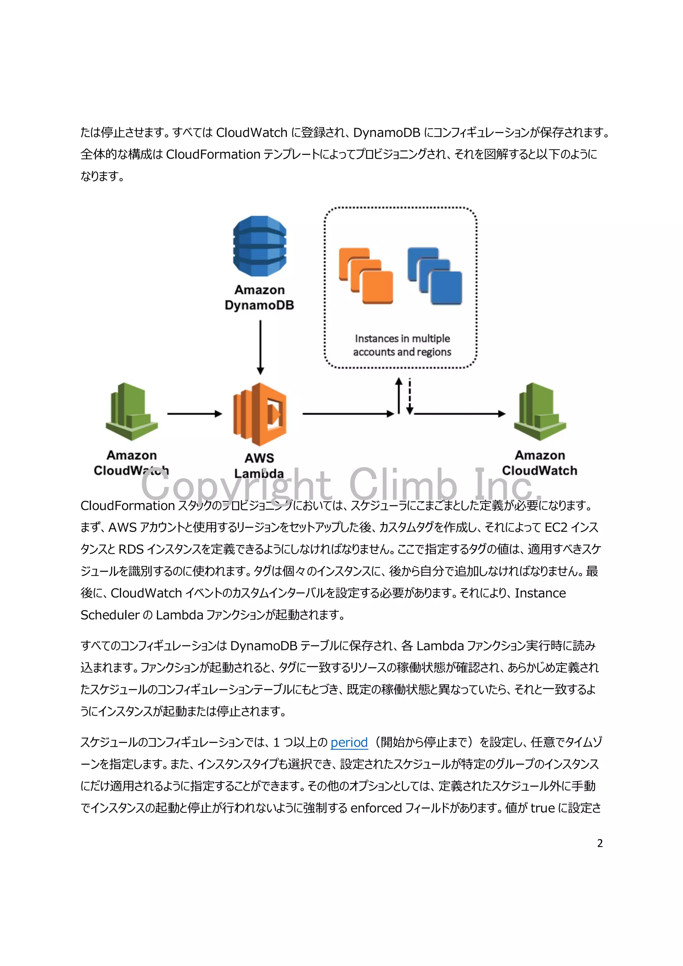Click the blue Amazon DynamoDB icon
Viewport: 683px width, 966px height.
[259, 246]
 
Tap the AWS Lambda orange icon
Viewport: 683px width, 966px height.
[260, 414]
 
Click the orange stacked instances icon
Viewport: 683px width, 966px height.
[366, 276]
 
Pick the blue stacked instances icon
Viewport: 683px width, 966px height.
[435, 276]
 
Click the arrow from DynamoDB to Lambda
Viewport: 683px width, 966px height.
[260, 347]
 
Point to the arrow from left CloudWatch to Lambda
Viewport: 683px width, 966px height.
[194, 414]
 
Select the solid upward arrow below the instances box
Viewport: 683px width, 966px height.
[399, 396]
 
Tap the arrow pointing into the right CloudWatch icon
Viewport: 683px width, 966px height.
[459, 414]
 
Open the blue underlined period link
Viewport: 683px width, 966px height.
[349, 743]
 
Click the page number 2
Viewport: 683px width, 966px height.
[600, 843]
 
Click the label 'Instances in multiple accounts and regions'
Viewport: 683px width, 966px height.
[402, 345]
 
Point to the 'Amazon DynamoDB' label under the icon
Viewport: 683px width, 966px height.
[259, 298]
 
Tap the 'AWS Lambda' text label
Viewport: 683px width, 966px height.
[259, 465]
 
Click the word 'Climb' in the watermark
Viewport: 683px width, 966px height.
[403, 485]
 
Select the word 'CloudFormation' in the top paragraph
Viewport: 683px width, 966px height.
[213, 154]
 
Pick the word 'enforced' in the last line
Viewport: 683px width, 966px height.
[376, 808]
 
